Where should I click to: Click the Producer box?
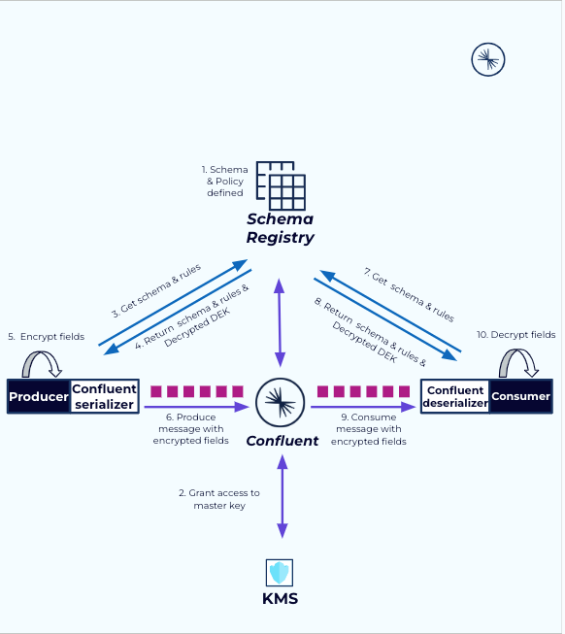(39, 396)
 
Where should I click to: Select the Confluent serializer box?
(104, 396)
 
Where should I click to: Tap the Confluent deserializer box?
(455, 396)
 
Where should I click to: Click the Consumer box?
(520, 396)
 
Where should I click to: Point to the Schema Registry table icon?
(281, 185)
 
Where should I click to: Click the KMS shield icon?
(280, 572)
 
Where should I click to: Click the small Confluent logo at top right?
(488, 60)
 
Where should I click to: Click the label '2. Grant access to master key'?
(219, 498)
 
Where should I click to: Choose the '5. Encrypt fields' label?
(46, 336)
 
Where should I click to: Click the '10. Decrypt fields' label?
(515, 334)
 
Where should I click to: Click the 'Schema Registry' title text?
(280, 227)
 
